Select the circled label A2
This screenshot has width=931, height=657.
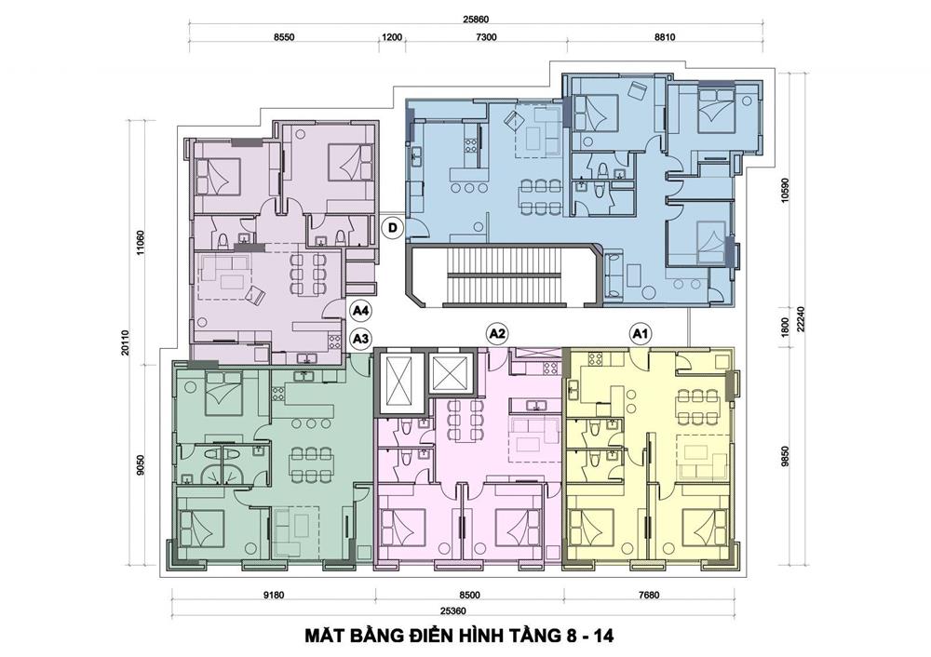496,334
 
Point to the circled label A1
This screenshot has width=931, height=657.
639,334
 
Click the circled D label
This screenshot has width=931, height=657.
393,229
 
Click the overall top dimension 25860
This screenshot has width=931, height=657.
476,19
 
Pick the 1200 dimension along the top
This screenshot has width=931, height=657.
392,37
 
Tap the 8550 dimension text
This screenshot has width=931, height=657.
284,37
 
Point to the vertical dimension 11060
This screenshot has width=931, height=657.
141,243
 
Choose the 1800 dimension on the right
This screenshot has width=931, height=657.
785,328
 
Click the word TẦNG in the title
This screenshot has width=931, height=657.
533,637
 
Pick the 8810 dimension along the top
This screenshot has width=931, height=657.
665,37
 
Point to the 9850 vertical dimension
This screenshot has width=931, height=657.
785,457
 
